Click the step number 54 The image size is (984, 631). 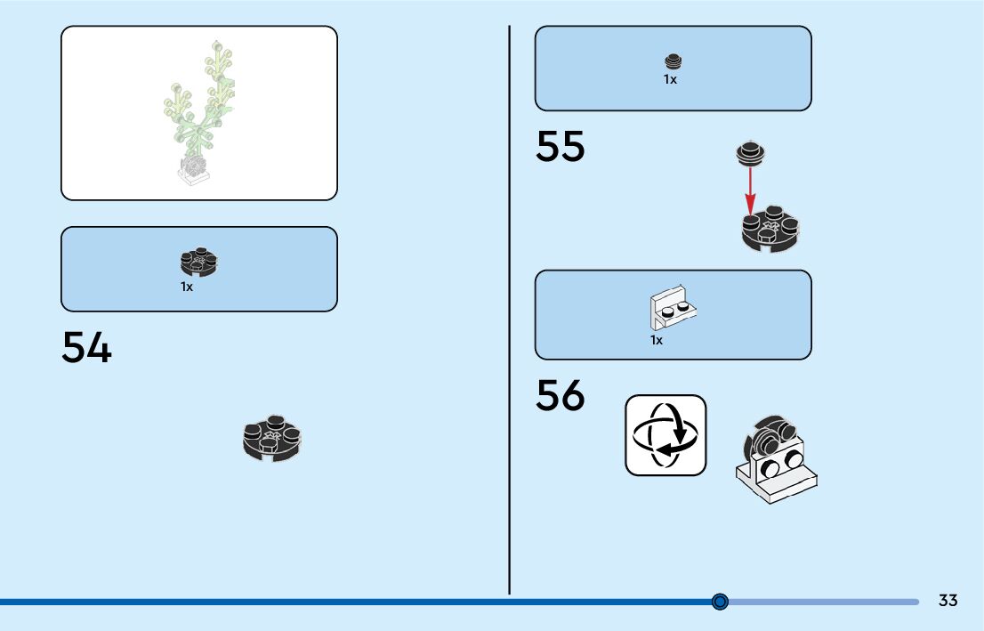pyautogui.click(x=86, y=348)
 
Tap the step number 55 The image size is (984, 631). pyautogui.click(x=560, y=147)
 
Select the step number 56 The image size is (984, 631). pyautogui.click(x=560, y=396)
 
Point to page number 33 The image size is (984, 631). pyautogui.click(x=948, y=601)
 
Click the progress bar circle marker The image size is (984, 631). pyautogui.click(x=721, y=602)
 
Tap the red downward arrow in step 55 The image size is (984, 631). pyautogui.click(x=751, y=190)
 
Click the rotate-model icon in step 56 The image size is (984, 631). pyautogui.click(x=665, y=435)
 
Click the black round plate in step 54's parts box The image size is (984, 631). pyautogui.click(x=199, y=262)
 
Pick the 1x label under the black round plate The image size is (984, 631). pyautogui.click(x=187, y=287)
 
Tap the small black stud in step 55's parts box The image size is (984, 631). pyautogui.click(x=673, y=61)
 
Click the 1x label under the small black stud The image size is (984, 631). pyautogui.click(x=670, y=79)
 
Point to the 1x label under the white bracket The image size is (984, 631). pyautogui.click(x=657, y=340)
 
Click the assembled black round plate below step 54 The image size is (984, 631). pyautogui.click(x=272, y=438)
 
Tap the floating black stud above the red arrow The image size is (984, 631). pyautogui.click(x=752, y=155)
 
